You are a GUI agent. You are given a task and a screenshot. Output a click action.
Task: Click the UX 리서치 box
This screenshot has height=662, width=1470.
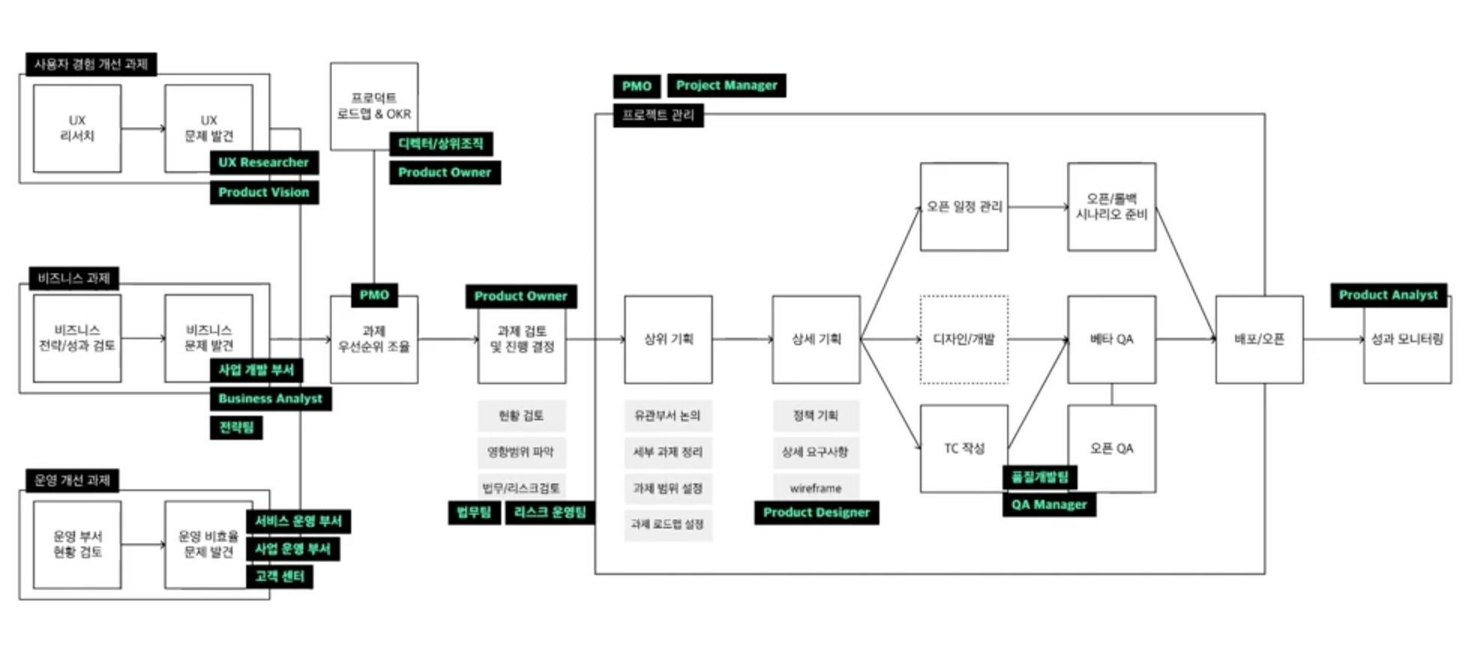point(77,128)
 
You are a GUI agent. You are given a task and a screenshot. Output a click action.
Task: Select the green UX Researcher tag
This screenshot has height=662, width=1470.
point(263,162)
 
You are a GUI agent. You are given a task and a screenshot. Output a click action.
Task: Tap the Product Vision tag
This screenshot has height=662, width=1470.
point(263,192)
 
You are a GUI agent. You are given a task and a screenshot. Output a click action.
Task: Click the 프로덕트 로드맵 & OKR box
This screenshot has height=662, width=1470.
point(374,106)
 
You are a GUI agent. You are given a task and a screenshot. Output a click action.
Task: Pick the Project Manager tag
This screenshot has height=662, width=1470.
point(726,86)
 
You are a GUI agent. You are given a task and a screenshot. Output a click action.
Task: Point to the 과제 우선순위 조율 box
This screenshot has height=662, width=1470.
point(374,339)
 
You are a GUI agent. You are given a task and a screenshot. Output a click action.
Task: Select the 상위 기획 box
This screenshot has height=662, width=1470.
point(668,339)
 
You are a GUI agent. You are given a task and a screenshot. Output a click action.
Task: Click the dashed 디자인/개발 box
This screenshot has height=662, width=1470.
point(963,339)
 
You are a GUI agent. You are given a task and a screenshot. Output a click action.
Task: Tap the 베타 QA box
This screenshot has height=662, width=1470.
point(1111,339)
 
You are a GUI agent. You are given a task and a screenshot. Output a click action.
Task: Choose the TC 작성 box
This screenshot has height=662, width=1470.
point(963,448)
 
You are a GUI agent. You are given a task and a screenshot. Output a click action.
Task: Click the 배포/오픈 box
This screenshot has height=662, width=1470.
point(1259,339)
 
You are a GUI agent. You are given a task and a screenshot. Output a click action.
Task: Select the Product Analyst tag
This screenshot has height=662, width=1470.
point(1388,295)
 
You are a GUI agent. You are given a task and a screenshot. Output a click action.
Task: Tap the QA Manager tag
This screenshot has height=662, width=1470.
point(1049,504)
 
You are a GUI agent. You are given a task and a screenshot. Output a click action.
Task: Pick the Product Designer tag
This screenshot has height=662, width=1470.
point(816,513)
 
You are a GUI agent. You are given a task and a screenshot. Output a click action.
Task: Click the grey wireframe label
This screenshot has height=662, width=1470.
point(816,488)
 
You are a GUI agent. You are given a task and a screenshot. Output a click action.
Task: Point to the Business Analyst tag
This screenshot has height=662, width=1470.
point(270,399)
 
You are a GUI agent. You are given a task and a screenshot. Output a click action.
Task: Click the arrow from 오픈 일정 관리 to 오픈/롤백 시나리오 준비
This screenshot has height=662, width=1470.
point(1038,206)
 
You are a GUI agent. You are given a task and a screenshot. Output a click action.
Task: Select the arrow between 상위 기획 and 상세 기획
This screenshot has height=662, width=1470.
point(742,339)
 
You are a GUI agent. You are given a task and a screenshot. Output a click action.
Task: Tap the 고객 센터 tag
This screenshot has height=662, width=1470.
point(279,576)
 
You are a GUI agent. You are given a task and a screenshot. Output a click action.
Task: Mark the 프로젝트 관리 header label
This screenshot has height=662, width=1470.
point(658,116)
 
